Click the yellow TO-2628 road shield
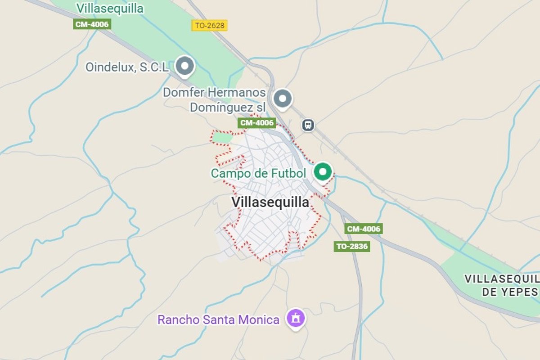(x=210, y=25)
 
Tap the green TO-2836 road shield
(x=352, y=246)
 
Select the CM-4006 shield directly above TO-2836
(x=364, y=229)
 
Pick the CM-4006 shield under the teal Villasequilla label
(x=92, y=24)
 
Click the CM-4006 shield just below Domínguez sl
(x=256, y=123)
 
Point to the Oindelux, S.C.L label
(x=127, y=67)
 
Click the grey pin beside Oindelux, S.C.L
(x=184, y=66)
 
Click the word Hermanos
(x=239, y=93)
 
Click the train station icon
(x=308, y=125)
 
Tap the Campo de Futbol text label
(x=258, y=173)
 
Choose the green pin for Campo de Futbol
(x=322, y=172)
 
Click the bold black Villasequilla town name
(x=270, y=202)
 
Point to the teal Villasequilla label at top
(x=110, y=8)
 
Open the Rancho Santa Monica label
(x=218, y=320)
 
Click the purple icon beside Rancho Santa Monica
(x=296, y=319)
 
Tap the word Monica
(x=260, y=320)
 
